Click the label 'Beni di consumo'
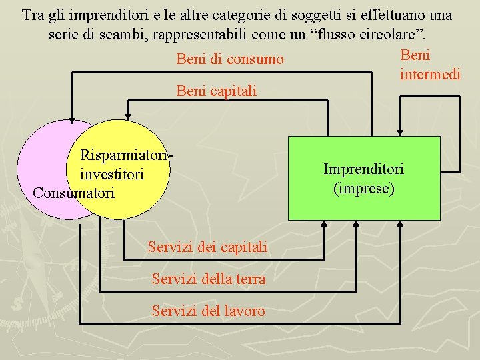click(230, 60)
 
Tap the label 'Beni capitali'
click(216, 91)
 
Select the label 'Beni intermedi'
click(429, 65)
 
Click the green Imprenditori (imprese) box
click(364, 200)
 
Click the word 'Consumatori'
click(73, 193)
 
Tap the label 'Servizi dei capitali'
click(208, 247)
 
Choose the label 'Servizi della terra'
click(209, 279)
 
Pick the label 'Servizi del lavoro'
click(208, 311)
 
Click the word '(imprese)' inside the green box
click(364, 189)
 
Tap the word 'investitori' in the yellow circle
click(111, 175)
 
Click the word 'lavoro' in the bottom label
click(245, 311)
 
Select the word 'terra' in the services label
click(249, 279)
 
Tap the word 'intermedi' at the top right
click(430, 74)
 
